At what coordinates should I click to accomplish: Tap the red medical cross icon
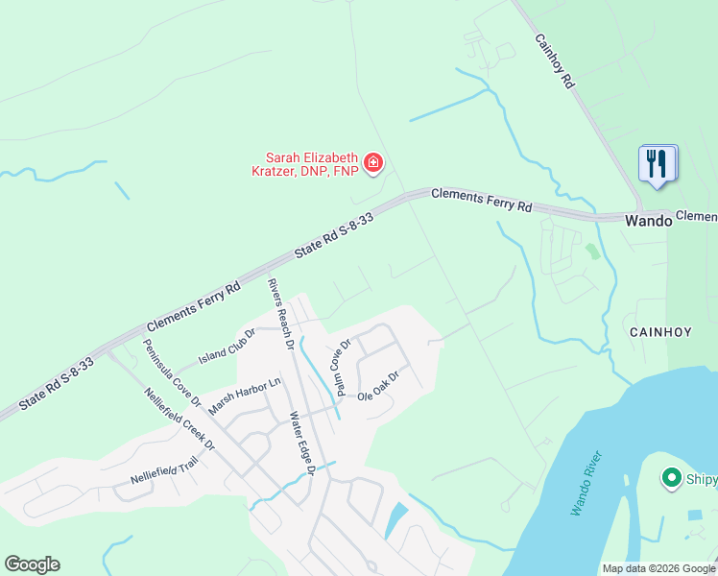(372, 163)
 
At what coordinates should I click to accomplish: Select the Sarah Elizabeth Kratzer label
(312, 164)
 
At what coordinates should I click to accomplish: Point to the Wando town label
(647, 220)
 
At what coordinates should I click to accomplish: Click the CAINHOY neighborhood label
(660, 331)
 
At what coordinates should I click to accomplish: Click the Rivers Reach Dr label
(280, 314)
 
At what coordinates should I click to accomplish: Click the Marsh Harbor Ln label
(245, 395)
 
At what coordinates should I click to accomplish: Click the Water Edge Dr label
(302, 444)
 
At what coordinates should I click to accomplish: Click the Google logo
(32, 564)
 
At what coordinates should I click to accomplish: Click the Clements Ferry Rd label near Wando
(481, 200)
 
